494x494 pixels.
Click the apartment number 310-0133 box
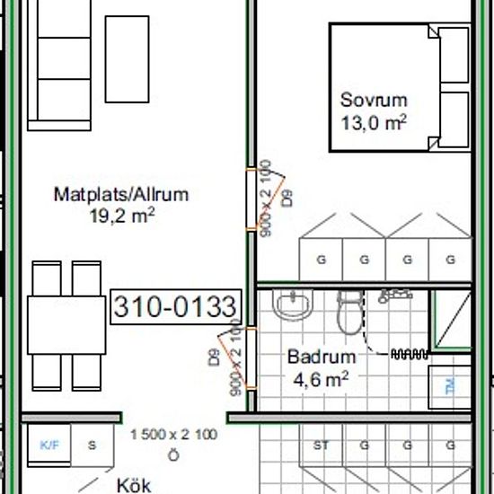(x=175, y=307)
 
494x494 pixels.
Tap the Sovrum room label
(x=374, y=100)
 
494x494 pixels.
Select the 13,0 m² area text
(x=374, y=121)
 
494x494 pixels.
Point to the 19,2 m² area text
(x=122, y=215)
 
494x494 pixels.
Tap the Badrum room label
(x=321, y=357)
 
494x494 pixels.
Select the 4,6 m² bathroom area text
(x=321, y=378)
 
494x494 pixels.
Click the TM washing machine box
(x=448, y=387)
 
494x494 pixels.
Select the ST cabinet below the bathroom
(x=320, y=445)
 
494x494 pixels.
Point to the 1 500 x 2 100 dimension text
(x=173, y=435)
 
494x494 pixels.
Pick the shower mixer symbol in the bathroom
(x=392, y=295)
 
